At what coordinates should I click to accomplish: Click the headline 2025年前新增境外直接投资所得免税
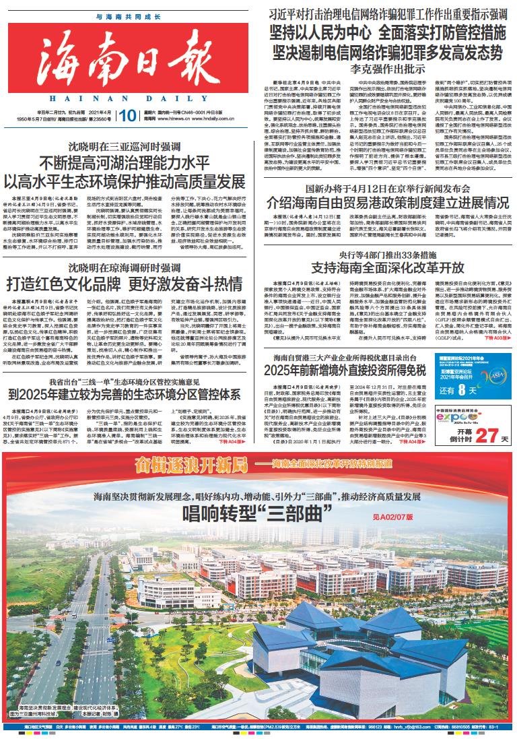click(x=345, y=369)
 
